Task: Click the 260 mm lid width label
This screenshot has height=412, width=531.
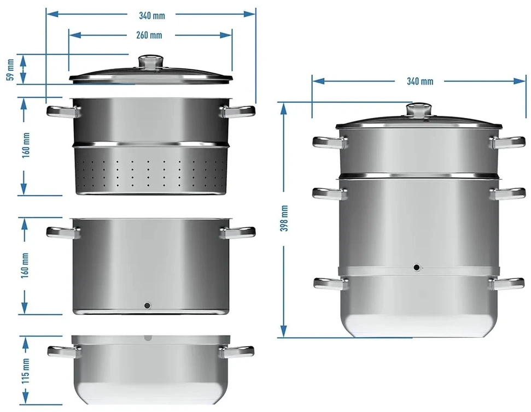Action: pos(149,35)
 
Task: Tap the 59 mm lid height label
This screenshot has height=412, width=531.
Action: pos(10,70)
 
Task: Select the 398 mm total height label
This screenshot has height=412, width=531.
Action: pos(284,218)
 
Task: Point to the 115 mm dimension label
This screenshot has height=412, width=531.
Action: pos(25,370)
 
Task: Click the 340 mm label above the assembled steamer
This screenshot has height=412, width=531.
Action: pos(420,81)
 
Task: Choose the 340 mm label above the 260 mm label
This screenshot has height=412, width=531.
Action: pos(152,15)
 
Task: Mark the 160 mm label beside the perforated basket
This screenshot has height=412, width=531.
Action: pos(25,145)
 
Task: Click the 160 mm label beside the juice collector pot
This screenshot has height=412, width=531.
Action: pos(25,266)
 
